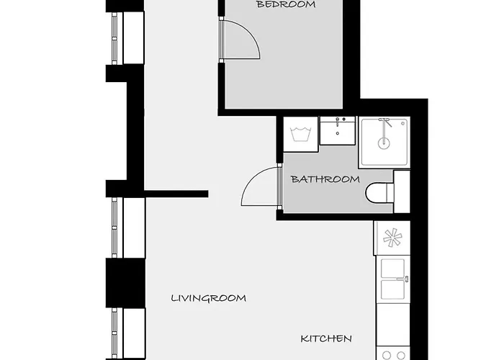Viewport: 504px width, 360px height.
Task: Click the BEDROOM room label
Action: click(286, 4)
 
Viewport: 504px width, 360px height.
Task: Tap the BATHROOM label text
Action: click(325, 179)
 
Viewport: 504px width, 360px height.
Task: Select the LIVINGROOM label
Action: click(209, 298)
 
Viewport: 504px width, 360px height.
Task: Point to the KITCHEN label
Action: click(326, 338)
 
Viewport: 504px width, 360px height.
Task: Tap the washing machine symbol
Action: click(300, 134)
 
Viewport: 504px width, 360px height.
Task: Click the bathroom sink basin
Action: click(338, 131)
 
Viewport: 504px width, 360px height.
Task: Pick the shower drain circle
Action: click(384, 143)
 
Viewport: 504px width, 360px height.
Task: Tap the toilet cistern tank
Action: click(402, 192)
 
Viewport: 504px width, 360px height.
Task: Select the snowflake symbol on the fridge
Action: click(392, 238)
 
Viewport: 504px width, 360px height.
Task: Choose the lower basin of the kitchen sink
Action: click(392, 289)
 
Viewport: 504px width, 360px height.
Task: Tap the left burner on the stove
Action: click(387, 356)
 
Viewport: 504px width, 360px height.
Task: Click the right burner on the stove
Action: click(401, 356)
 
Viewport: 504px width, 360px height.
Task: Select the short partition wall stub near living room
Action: click(176, 194)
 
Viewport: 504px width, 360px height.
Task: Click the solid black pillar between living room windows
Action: click(126, 283)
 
